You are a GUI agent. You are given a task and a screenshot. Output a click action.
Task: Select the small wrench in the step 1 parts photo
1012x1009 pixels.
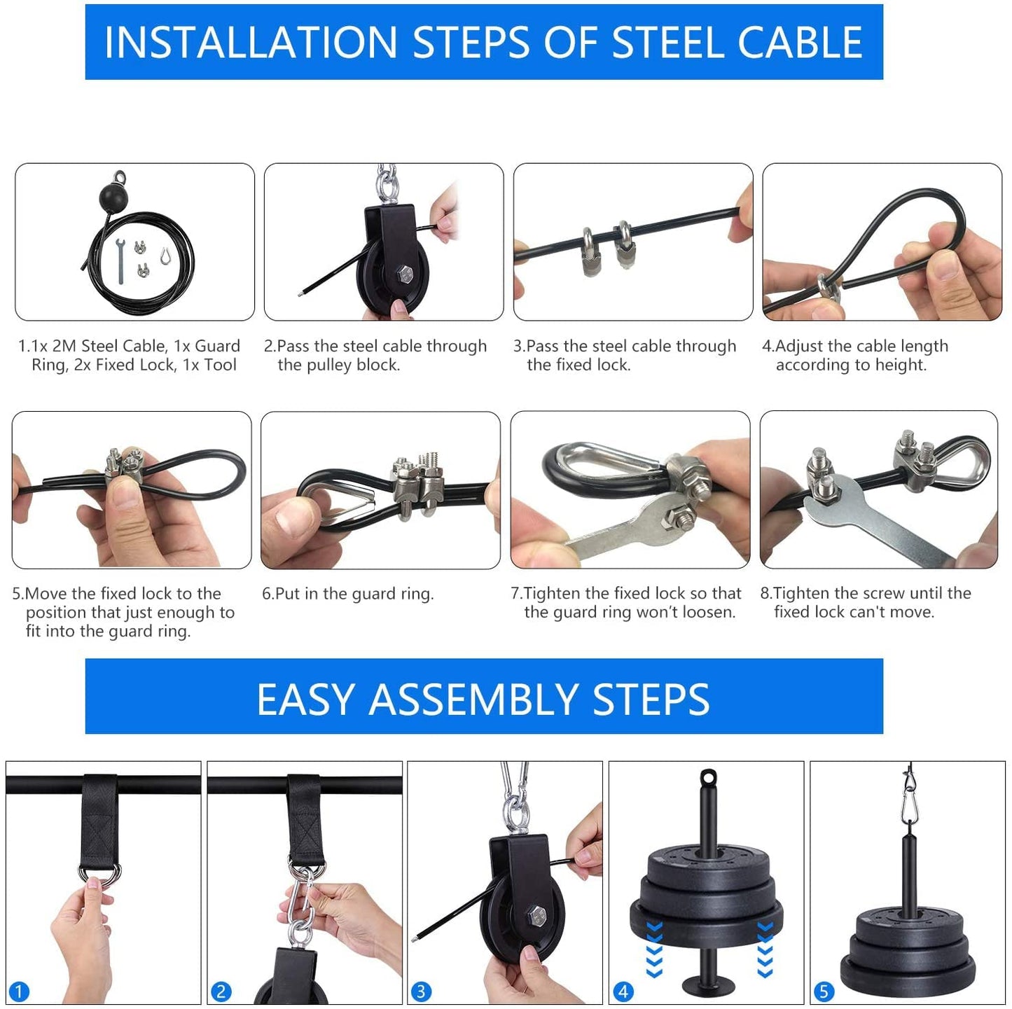[x=120, y=260]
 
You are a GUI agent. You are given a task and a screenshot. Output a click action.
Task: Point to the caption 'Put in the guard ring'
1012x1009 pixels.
[x=347, y=594]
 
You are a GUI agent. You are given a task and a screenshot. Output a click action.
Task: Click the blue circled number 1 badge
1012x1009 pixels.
[x=19, y=991]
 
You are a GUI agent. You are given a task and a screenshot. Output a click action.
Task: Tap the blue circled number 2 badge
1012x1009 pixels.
[x=221, y=991]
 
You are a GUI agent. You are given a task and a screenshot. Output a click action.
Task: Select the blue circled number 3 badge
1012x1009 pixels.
[x=421, y=991]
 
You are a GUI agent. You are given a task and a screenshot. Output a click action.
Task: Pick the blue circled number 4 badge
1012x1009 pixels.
[x=623, y=991]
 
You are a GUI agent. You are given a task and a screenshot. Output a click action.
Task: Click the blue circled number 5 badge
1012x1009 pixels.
[x=824, y=991]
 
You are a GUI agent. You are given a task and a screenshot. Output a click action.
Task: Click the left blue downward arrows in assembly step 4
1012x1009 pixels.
[x=654, y=949]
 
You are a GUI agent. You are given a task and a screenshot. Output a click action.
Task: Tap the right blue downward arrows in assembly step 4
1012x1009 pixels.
[x=765, y=949]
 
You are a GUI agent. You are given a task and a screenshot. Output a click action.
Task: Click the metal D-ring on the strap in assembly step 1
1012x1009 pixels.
[x=99, y=873]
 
